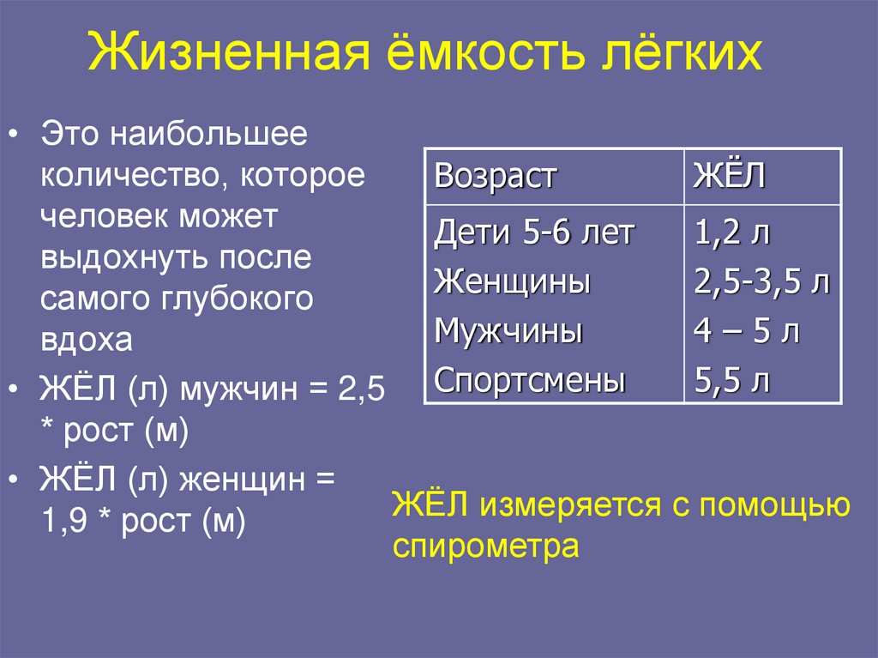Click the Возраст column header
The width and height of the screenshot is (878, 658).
[x=496, y=177]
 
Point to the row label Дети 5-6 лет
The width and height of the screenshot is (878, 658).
[x=534, y=232]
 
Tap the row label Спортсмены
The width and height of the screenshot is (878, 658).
[x=530, y=380]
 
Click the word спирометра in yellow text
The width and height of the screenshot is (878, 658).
[x=486, y=546]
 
